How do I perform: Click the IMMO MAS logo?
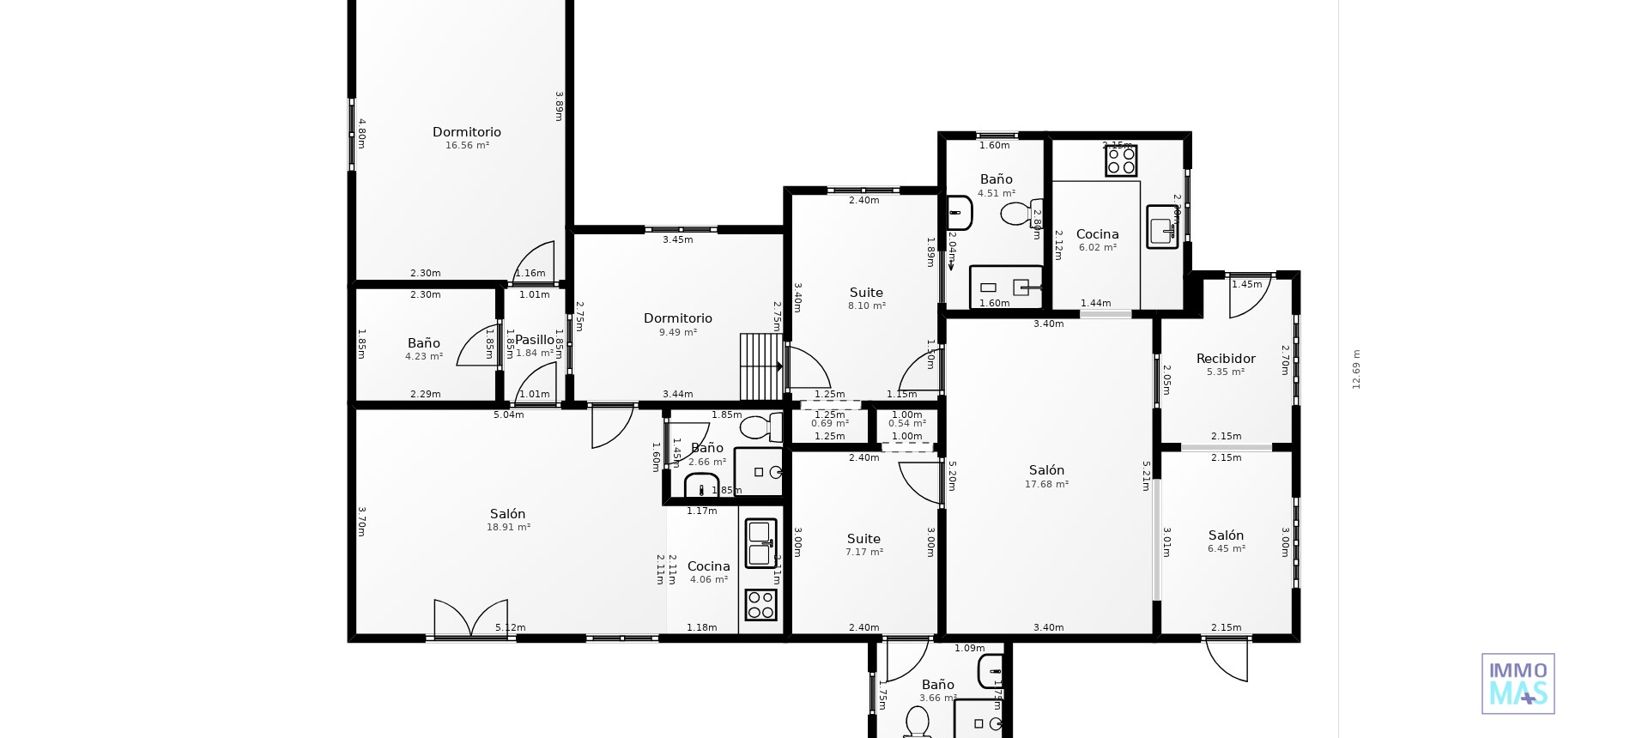click(1518, 684)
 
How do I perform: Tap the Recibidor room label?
click(1225, 359)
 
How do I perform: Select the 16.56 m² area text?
click(467, 146)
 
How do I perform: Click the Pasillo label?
click(534, 340)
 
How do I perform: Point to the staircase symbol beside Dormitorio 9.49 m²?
click(761, 366)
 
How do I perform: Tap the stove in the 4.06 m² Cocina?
click(760, 604)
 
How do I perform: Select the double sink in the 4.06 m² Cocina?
click(760, 543)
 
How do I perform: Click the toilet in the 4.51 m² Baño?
click(1020, 213)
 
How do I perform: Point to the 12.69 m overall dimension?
click(1356, 369)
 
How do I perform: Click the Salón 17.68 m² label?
click(1046, 470)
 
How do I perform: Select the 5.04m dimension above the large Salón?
click(508, 415)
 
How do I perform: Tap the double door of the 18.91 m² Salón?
click(470, 619)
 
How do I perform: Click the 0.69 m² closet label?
click(829, 424)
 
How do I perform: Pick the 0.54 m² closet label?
click(906, 424)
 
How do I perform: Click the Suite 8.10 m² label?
click(866, 293)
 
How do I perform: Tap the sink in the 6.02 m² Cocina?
click(1162, 227)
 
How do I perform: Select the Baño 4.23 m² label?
click(423, 343)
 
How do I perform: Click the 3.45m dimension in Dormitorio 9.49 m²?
click(677, 240)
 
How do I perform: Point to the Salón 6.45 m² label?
click(1226, 535)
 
